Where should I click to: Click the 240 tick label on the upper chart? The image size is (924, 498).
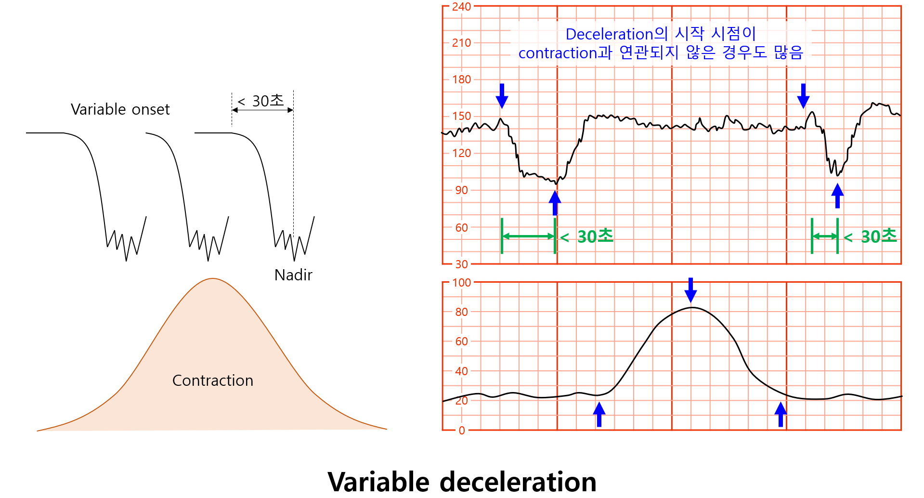461,7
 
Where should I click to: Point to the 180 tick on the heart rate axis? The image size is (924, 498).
461,79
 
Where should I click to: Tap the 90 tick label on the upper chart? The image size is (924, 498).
461,190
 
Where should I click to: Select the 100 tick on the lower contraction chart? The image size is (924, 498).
461,283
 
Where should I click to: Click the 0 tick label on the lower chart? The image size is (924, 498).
462,431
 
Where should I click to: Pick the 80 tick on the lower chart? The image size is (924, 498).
461,312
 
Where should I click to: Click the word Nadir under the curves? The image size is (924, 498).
293,275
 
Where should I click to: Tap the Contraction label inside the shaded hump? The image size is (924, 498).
213,380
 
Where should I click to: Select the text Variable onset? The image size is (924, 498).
120,109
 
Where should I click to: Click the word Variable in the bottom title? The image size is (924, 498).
378,482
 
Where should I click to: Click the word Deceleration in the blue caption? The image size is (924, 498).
610,34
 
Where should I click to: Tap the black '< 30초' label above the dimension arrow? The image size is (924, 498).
260,101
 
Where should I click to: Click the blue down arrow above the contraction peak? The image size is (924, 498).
691,289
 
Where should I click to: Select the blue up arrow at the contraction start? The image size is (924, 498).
599,414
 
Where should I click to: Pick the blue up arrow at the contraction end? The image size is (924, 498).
781,414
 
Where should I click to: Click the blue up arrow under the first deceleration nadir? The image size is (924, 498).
555,203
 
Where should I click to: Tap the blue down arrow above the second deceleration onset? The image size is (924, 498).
803,96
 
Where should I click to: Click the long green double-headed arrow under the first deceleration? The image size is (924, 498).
528,236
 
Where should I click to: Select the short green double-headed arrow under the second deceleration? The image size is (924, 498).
825,236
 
